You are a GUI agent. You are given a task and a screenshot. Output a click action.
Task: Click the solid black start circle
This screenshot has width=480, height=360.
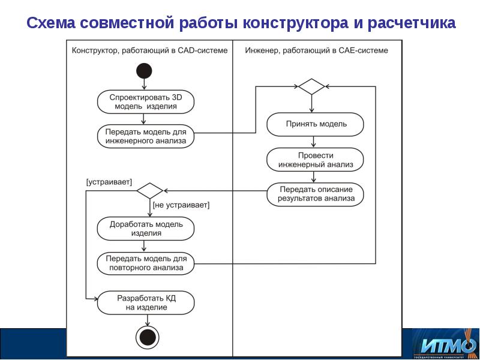point(144,70)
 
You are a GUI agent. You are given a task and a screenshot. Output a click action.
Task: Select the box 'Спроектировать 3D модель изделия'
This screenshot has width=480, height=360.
point(146,102)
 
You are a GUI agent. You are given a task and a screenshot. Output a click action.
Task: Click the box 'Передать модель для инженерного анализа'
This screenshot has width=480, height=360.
point(146,136)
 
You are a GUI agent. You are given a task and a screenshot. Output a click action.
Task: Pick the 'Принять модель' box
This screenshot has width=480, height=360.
point(315,124)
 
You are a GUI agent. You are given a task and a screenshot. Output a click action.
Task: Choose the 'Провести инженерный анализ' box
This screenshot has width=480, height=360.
point(315,159)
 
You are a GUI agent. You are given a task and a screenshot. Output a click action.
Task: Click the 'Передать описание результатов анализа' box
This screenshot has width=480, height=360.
point(315,194)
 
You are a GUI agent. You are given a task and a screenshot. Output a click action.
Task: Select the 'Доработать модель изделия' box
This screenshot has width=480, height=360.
point(146,229)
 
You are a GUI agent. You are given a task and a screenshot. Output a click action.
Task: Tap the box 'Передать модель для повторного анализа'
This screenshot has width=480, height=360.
point(146,263)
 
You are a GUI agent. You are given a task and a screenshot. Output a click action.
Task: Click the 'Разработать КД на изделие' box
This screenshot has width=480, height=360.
point(146,302)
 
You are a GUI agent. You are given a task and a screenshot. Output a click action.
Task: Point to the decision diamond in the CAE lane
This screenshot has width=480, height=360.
point(311,86)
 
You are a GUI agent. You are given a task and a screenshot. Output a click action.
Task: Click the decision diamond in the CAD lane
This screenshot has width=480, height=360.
point(149,191)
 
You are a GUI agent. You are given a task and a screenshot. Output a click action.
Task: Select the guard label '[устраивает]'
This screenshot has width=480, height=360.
point(109,181)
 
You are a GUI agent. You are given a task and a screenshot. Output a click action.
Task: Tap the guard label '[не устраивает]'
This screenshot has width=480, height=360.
point(181,205)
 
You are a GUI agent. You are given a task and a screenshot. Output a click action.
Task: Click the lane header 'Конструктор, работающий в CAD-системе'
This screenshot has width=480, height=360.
point(149,50)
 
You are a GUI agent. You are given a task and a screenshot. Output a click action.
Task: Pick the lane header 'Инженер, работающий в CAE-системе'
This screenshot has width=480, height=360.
point(316,50)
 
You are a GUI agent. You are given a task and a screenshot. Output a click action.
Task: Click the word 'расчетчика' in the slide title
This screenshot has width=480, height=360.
point(412,23)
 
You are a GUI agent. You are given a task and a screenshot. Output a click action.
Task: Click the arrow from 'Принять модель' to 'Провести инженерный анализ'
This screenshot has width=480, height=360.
point(312,142)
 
